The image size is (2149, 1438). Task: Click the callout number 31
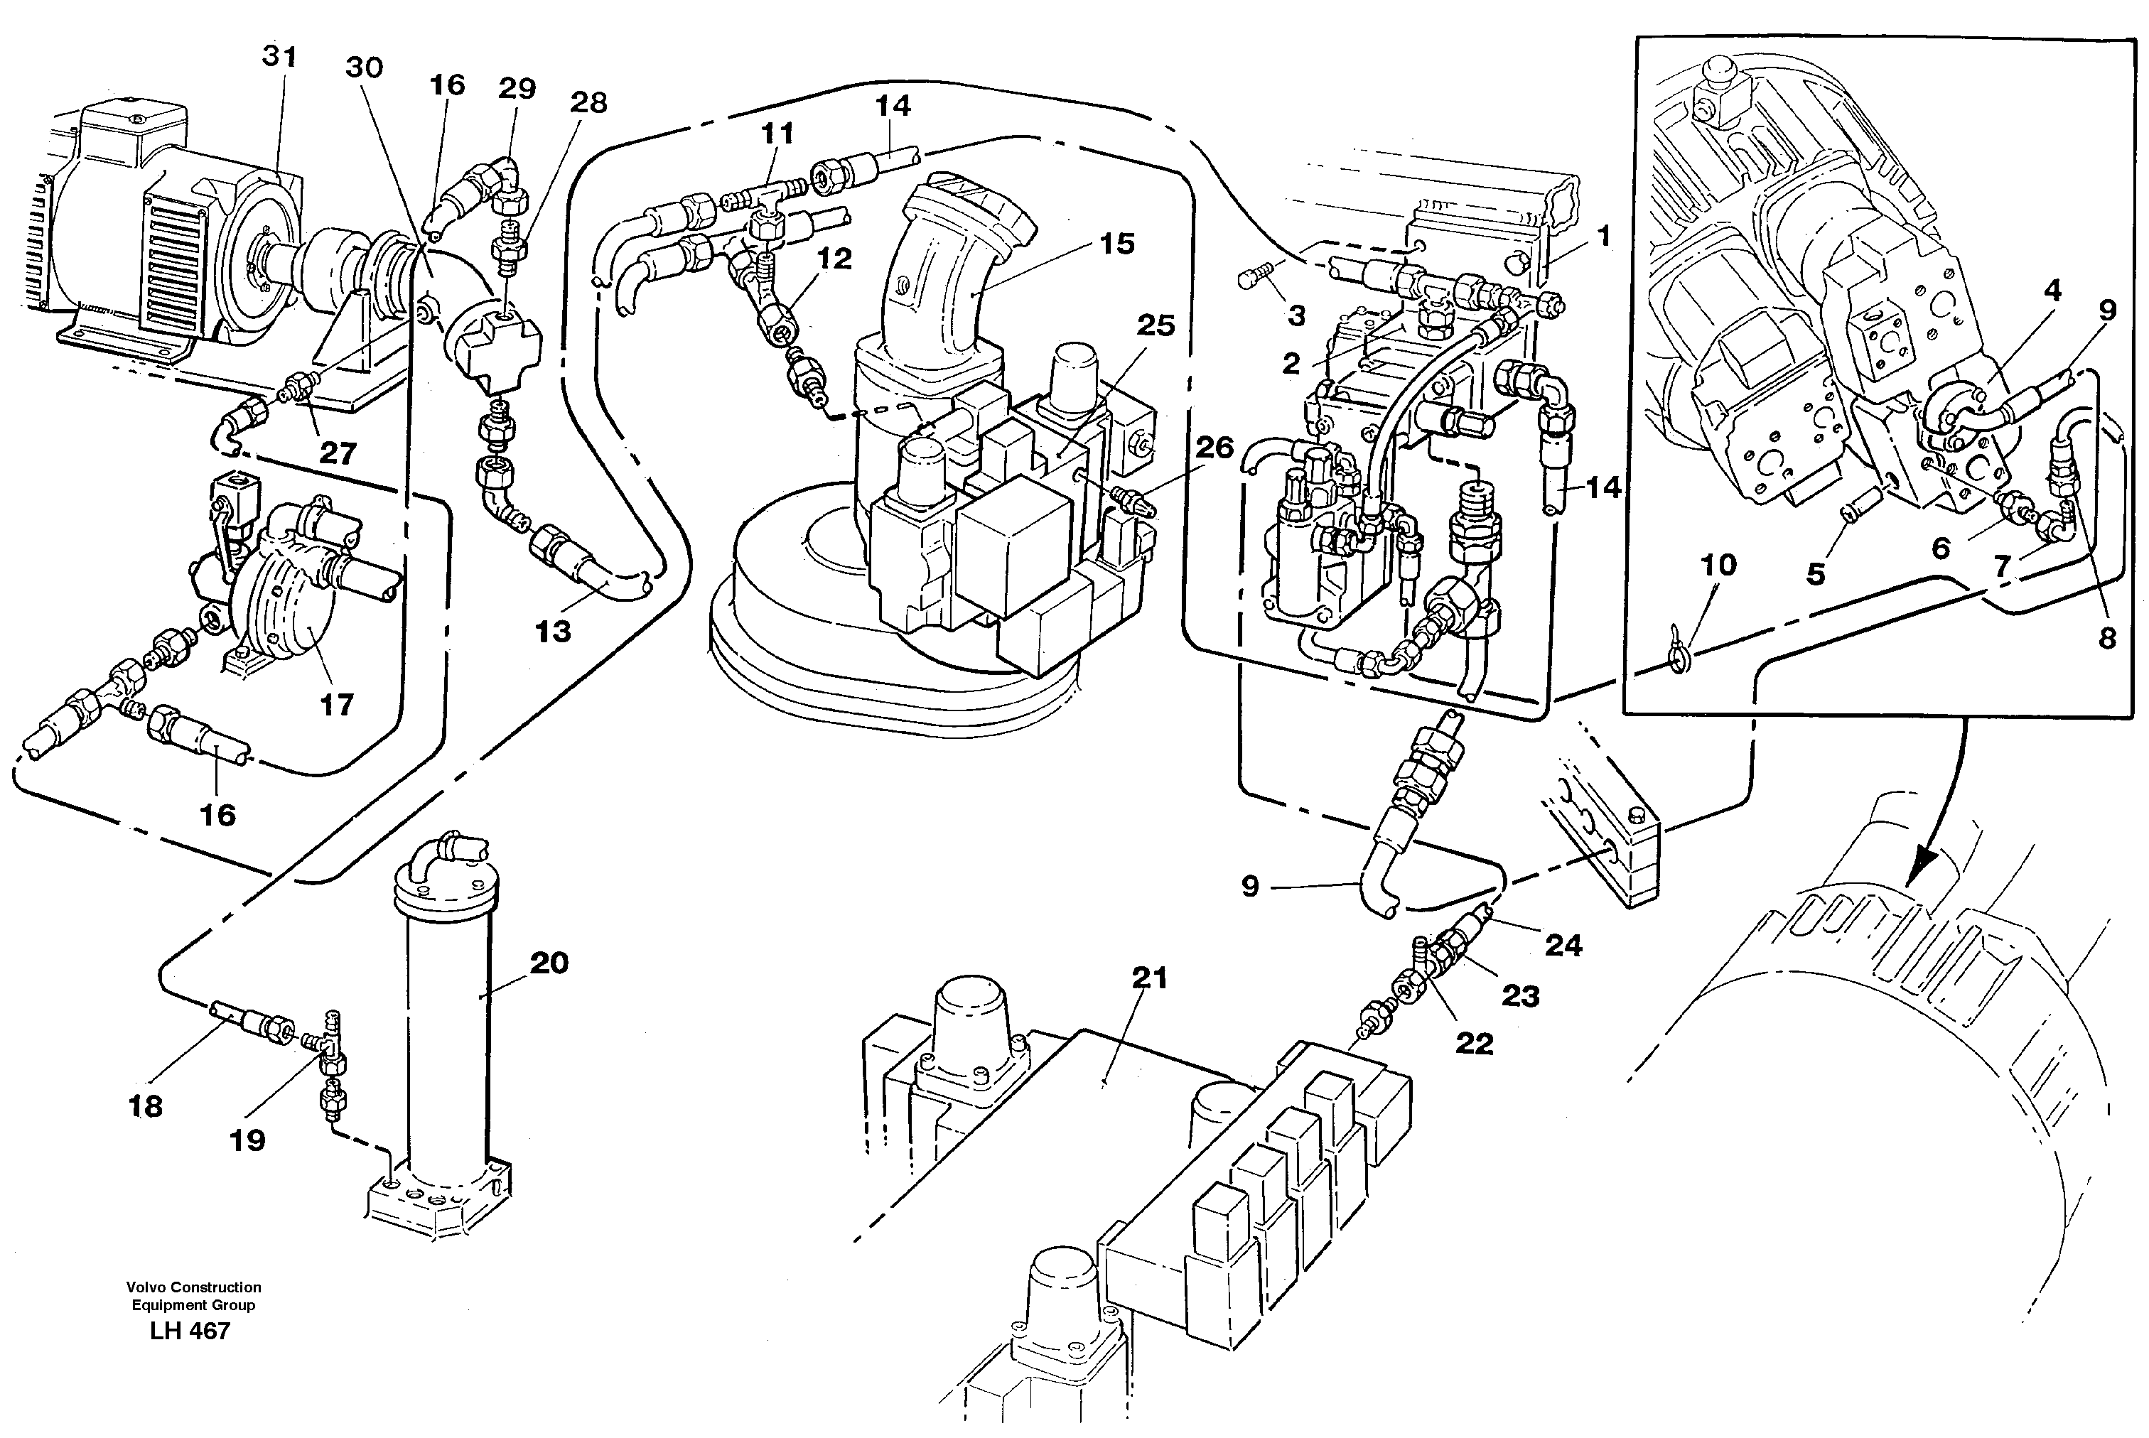pyautogui.click(x=280, y=57)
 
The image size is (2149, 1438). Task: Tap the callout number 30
pyautogui.click(x=364, y=68)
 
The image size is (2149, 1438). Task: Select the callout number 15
pyautogui.click(x=1117, y=244)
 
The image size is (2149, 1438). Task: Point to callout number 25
pyautogui.click(x=1155, y=325)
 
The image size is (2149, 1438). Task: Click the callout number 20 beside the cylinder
pyautogui.click(x=549, y=963)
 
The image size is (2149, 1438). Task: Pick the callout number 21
pyautogui.click(x=1149, y=978)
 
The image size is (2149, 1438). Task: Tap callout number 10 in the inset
pyautogui.click(x=1718, y=565)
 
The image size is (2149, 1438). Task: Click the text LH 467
pyautogui.click(x=190, y=1331)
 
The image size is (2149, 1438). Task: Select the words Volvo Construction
pyautogui.click(x=193, y=1287)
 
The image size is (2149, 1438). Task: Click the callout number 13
pyautogui.click(x=553, y=631)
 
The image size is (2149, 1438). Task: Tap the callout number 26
pyautogui.click(x=1215, y=448)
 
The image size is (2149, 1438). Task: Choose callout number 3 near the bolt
pyautogui.click(x=1296, y=316)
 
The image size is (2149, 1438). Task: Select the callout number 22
pyautogui.click(x=1474, y=1043)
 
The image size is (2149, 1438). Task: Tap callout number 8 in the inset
pyautogui.click(x=2107, y=638)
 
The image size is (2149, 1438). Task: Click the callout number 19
pyautogui.click(x=247, y=1140)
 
